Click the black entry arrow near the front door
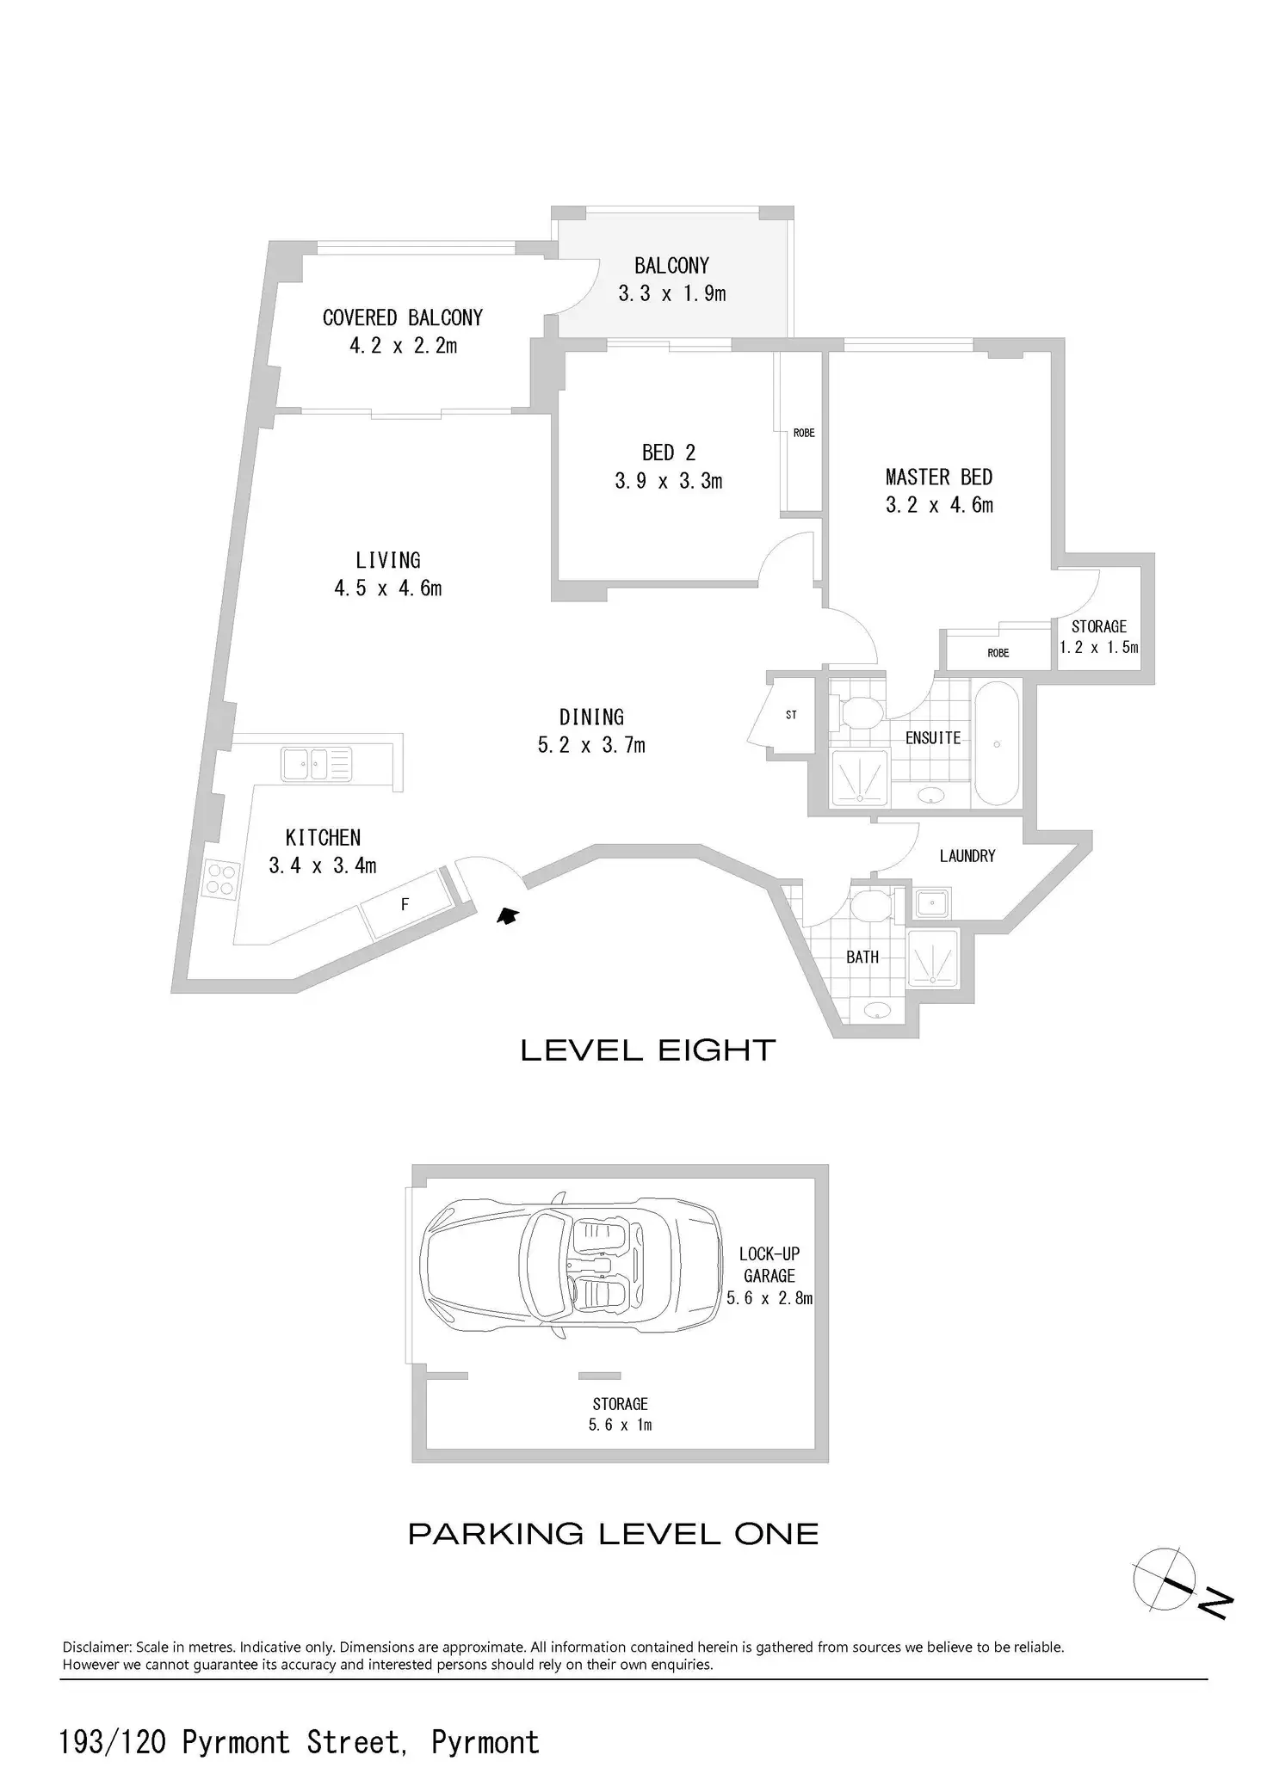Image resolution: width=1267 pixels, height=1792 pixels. coord(508,916)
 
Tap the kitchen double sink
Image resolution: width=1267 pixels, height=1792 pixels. coord(316,764)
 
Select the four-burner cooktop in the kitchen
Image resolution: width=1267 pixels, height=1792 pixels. coord(220,879)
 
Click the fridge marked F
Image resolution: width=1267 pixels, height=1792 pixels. coord(405,904)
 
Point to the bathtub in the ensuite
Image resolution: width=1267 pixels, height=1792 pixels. coord(996,744)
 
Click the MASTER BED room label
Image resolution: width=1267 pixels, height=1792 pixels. coord(939,477)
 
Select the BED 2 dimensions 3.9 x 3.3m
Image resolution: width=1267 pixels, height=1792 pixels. coord(669,481)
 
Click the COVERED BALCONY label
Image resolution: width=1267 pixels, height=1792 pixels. coord(403,317)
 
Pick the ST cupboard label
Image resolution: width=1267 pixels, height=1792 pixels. coord(791,715)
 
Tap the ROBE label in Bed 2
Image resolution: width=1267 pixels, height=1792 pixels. coord(804,433)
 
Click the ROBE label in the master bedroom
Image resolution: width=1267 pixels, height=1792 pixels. coord(998,653)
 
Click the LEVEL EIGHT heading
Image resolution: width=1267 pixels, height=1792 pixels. coord(648,1050)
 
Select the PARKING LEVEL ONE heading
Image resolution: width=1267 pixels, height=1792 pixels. coord(613,1535)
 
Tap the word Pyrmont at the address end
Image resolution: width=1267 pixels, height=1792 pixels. coord(485,1742)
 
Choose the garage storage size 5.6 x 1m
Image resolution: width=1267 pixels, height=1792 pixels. coord(620,1425)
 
